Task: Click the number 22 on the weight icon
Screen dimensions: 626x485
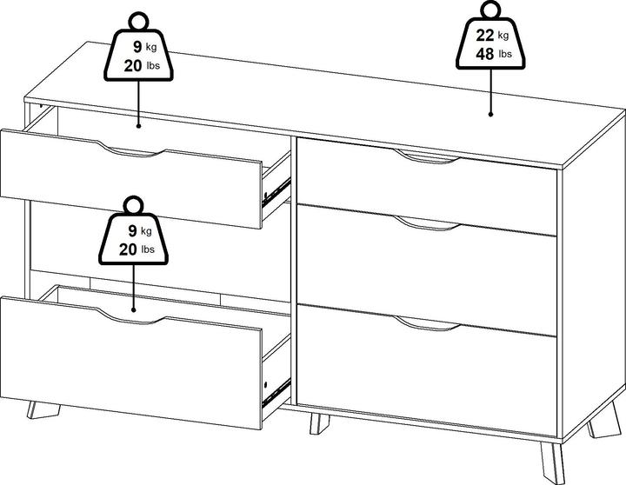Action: (x=484, y=35)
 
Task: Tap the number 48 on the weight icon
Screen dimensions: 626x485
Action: (x=484, y=54)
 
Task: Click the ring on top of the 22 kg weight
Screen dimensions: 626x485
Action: (x=490, y=10)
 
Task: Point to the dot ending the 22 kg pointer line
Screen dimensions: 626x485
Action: (x=490, y=114)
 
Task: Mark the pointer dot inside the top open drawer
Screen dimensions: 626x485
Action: (x=138, y=126)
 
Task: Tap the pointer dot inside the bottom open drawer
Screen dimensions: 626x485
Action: (x=133, y=309)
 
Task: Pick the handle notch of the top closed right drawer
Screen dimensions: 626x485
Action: (x=426, y=156)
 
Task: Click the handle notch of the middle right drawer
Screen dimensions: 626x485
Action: (x=426, y=223)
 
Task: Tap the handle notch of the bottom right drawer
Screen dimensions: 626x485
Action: (x=426, y=323)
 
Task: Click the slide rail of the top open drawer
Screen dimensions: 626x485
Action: (x=276, y=193)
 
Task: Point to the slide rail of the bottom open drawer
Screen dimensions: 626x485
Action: (x=276, y=393)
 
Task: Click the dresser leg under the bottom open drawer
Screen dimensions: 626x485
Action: (x=43, y=410)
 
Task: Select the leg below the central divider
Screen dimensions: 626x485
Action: (x=319, y=424)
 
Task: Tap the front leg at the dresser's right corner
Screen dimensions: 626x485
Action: (x=553, y=463)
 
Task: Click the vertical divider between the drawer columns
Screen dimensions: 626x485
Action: (x=294, y=271)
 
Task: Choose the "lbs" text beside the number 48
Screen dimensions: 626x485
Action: (x=505, y=54)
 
